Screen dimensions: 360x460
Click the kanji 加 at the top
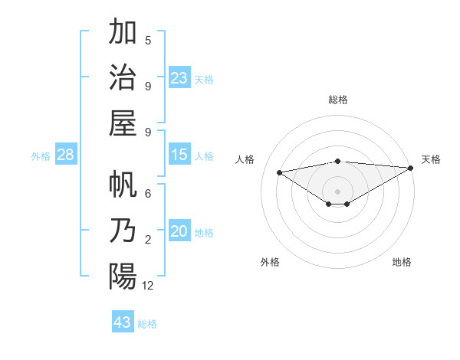click(x=123, y=33)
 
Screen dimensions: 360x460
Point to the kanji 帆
click(x=123, y=186)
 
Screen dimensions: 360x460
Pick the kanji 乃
click(x=123, y=231)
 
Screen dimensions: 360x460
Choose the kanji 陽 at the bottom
click(x=123, y=276)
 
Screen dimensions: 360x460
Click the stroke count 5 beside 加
click(x=148, y=40)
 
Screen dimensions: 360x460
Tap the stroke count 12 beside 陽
click(x=148, y=286)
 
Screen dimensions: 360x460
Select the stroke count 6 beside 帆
click(x=148, y=195)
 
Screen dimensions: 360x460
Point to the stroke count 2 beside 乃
click(x=148, y=241)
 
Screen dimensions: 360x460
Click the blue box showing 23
click(x=179, y=77)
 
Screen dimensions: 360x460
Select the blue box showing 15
click(x=179, y=155)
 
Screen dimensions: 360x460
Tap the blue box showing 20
click(x=179, y=231)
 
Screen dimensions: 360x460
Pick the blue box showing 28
click(x=65, y=155)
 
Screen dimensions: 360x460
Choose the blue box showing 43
click(x=123, y=322)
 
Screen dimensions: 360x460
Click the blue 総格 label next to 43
click(x=147, y=324)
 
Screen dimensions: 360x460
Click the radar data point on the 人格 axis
click(x=279, y=172)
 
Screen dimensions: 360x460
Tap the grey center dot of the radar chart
click(x=337, y=190)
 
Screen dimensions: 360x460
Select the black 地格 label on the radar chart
click(x=402, y=262)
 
